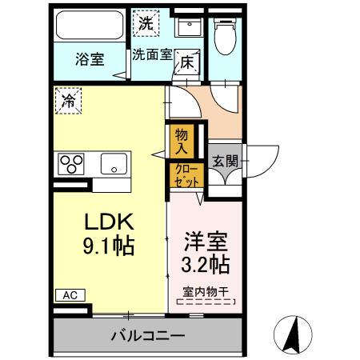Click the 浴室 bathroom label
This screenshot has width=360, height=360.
[90, 59]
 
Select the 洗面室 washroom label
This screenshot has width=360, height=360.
[152, 56]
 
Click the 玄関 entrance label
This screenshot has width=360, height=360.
[224, 160]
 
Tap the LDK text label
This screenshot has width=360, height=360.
[108, 221]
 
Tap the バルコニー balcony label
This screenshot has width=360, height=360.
[147, 336]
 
